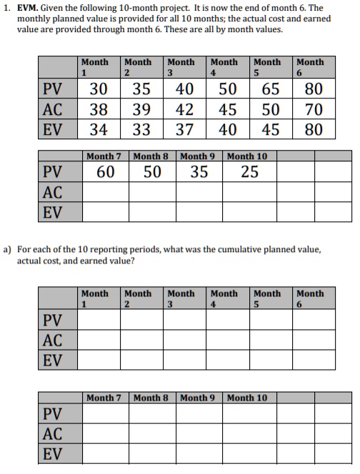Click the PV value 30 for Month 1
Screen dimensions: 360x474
(99, 90)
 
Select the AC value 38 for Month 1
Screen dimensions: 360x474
(99, 110)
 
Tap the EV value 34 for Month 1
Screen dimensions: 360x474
(99, 129)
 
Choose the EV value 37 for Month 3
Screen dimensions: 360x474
(184, 129)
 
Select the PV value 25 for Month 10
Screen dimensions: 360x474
(249, 171)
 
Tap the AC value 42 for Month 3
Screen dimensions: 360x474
(184, 110)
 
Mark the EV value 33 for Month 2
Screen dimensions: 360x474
(141, 129)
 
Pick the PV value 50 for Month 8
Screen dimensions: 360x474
(152, 171)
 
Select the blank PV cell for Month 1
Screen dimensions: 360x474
(99, 319)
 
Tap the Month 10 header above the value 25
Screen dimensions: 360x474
(247, 156)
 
